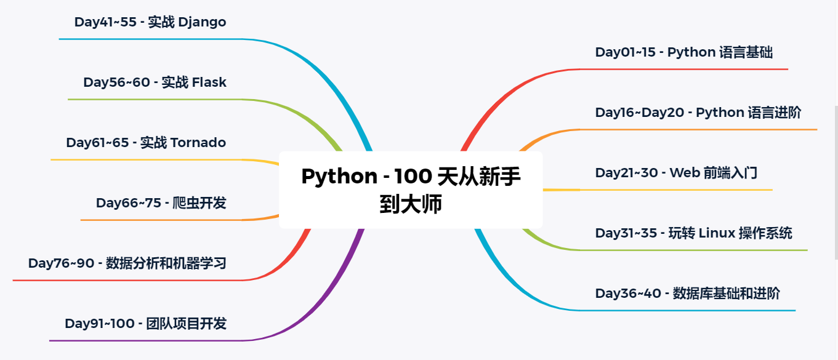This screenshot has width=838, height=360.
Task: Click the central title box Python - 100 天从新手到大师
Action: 411,190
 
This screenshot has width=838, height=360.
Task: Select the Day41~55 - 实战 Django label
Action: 150,22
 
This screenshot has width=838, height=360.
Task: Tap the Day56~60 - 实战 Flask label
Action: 155,82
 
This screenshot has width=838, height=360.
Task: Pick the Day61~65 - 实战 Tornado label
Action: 146,143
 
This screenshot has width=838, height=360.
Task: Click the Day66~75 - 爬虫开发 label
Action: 161,203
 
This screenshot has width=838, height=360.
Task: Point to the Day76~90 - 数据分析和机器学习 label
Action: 127,263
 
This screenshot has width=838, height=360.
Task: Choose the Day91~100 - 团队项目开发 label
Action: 145,324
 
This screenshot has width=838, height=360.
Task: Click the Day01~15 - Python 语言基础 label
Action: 683,52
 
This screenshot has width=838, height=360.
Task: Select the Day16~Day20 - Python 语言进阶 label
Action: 698,113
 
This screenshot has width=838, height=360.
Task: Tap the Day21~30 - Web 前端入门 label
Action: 676,173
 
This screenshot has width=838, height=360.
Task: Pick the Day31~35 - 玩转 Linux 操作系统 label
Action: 693,233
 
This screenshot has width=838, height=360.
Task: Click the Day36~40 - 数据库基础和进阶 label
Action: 687,294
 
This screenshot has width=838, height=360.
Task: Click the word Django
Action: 202,23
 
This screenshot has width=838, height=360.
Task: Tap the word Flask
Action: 209,82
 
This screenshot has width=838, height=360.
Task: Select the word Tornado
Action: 198,143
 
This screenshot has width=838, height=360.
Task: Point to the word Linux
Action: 717,233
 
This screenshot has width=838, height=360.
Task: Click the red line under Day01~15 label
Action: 683,69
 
